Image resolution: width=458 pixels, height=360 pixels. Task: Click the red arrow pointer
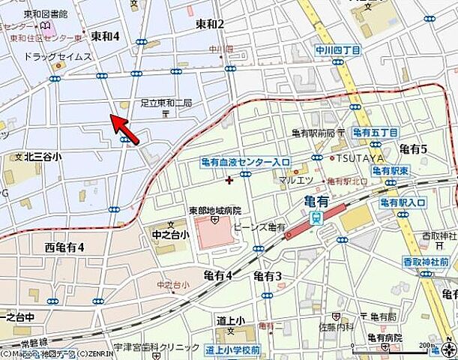point(124,128)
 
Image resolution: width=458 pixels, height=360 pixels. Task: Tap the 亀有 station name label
point(319,200)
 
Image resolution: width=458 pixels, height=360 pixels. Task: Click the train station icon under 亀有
point(316,217)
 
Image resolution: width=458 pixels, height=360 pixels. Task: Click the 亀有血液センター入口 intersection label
point(246,161)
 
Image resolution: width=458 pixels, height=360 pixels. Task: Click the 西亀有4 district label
point(64,247)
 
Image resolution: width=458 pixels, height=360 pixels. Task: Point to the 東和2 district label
point(210,25)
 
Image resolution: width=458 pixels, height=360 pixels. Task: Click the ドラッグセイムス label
point(58,57)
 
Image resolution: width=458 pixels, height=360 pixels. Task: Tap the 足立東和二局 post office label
point(166,103)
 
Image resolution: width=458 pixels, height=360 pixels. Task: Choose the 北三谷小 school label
point(43,157)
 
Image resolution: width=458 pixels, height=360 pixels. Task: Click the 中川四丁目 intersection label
point(337,51)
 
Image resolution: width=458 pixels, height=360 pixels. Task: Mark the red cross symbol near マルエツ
point(229,179)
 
